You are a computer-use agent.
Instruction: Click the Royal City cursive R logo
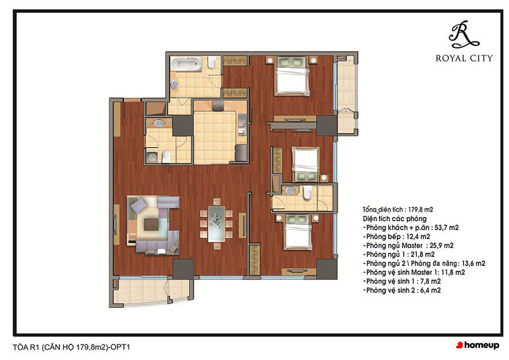[x=463, y=34]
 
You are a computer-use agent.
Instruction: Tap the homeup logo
[x=477, y=345]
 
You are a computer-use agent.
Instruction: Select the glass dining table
[x=217, y=223]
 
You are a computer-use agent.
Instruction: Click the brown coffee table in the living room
[x=151, y=224]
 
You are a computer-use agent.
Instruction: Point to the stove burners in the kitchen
[x=218, y=106]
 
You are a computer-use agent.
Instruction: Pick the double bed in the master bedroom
[x=291, y=76]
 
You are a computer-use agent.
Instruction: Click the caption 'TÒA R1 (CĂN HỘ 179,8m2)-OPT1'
[x=71, y=347]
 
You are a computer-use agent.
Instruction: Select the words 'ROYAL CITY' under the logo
[x=464, y=59]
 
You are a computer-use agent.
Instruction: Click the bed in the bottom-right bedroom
[x=298, y=232]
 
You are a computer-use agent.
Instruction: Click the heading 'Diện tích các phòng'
[x=395, y=219]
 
